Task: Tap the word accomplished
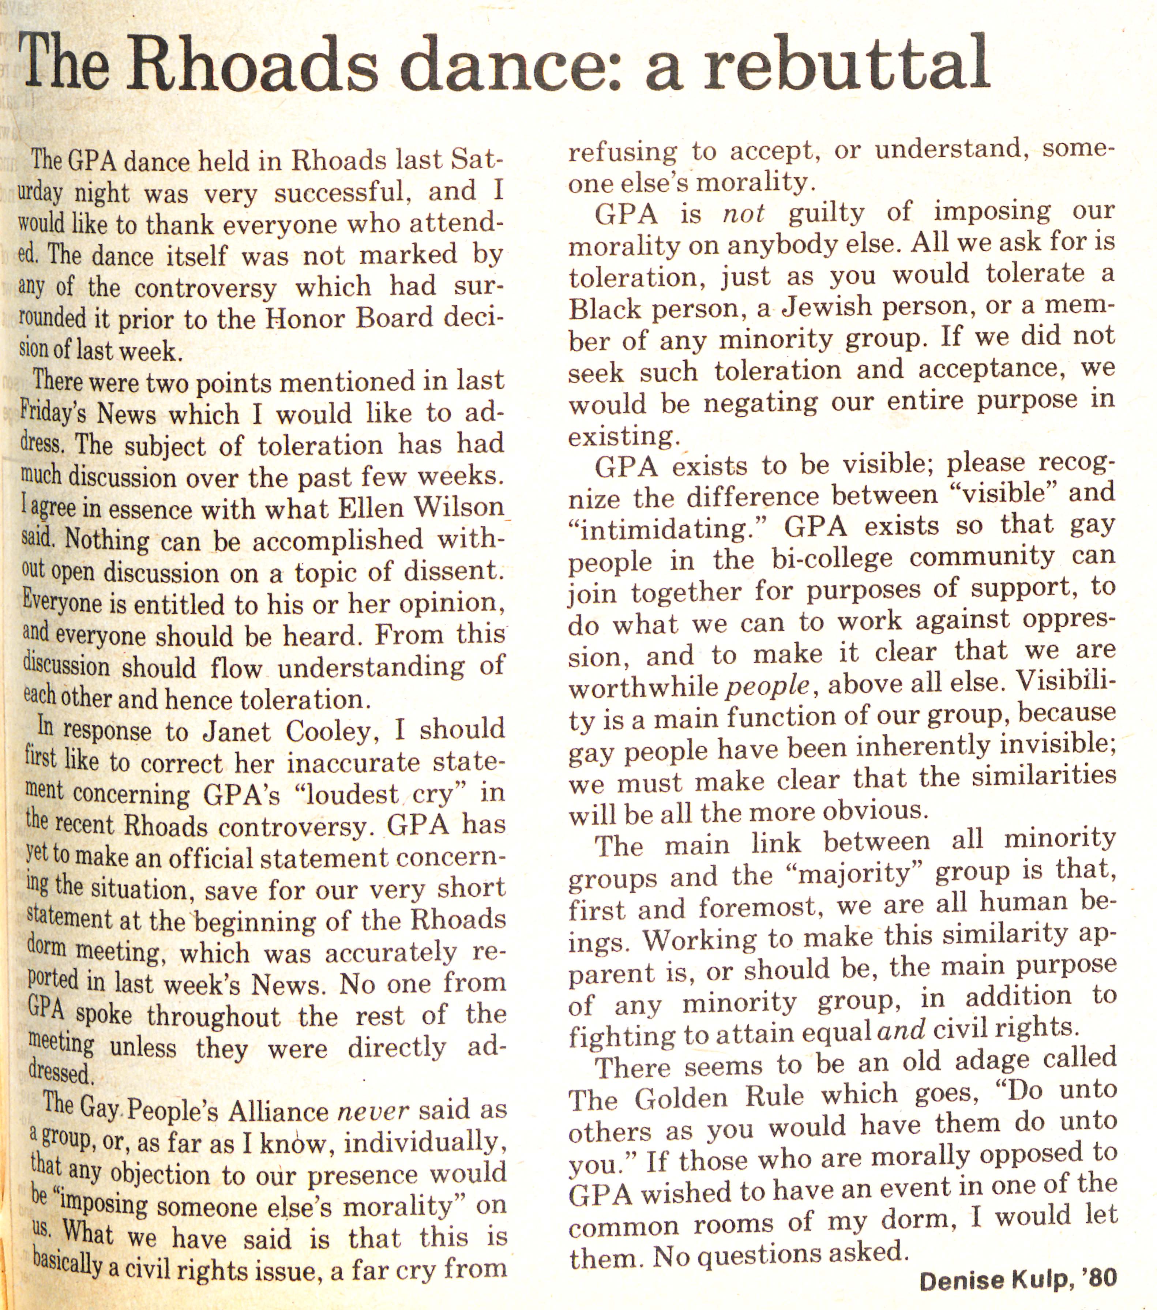pyautogui.click(x=337, y=540)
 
